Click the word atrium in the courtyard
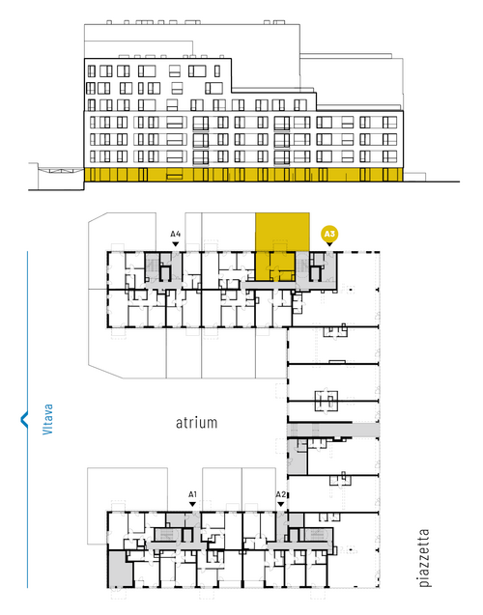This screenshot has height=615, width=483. coord(196,423)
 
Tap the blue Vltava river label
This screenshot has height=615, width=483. coord(47,419)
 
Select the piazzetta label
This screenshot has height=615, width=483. coord(424,558)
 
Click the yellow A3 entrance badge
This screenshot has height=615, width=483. coord(329,235)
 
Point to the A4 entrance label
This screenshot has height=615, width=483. coord(175,235)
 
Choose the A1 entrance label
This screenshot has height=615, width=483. coord(192,494)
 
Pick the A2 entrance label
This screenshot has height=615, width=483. coord(280,494)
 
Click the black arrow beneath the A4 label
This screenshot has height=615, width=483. coord(176,244)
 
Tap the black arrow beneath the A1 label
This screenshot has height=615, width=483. coord(192,504)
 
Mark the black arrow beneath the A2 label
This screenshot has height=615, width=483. coord(280,504)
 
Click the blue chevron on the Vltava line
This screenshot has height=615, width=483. coord(24,419)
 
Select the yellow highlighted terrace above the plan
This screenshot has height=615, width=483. coord(282,232)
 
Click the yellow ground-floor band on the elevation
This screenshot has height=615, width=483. coord(243,175)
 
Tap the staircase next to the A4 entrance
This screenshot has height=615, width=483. coord(152,267)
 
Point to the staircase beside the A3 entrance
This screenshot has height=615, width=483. coord(302,267)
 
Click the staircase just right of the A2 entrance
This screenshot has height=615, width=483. coord(316,536)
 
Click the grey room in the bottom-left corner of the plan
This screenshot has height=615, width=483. coord(119,569)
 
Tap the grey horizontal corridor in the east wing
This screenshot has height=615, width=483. coord(333,430)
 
